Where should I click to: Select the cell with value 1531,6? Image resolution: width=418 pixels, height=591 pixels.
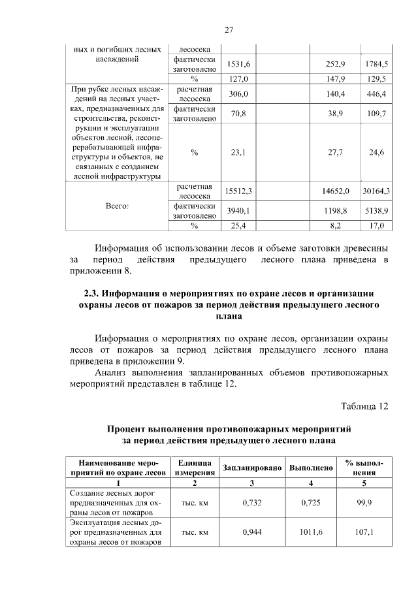pyautogui.click(x=238, y=64)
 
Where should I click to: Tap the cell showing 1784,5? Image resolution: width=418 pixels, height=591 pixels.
pyautogui.click(x=376, y=64)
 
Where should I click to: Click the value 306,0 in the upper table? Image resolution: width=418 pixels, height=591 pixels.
pyautogui.click(x=238, y=94)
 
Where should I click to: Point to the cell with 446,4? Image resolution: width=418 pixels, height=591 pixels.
pyautogui.click(x=377, y=94)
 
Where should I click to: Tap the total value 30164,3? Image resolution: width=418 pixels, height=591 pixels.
pyautogui.click(x=376, y=191)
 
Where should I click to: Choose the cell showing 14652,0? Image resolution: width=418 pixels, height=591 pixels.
pyautogui.click(x=336, y=191)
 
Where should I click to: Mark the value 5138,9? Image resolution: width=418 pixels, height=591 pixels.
pyautogui.click(x=376, y=211)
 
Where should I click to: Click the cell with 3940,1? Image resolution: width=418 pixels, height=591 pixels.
pyautogui.click(x=238, y=211)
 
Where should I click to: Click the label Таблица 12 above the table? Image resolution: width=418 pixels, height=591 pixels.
pyautogui.click(x=364, y=406)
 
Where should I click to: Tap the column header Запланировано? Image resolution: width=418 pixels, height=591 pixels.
pyautogui.click(x=251, y=468)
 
